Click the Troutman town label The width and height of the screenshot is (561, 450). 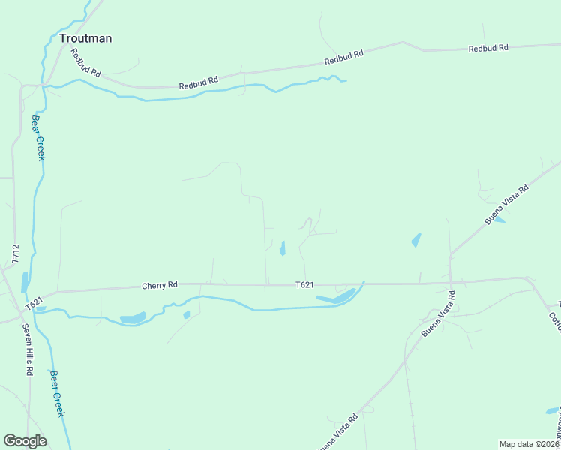click(x=85, y=38)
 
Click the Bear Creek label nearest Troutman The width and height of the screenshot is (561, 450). click(x=38, y=137)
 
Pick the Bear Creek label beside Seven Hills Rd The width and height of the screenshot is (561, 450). click(x=58, y=394)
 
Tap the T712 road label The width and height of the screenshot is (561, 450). click(x=15, y=253)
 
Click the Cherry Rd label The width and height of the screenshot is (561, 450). click(x=160, y=285)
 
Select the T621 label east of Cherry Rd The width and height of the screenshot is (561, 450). click(x=304, y=285)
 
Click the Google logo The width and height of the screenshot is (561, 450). click(x=25, y=441)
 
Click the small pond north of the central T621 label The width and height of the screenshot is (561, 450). click(x=283, y=248)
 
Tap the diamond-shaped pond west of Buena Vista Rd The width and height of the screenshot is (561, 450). click(x=415, y=240)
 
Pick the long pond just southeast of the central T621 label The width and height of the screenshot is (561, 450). click(x=337, y=297)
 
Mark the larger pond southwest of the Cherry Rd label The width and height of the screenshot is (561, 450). click(x=133, y=319)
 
